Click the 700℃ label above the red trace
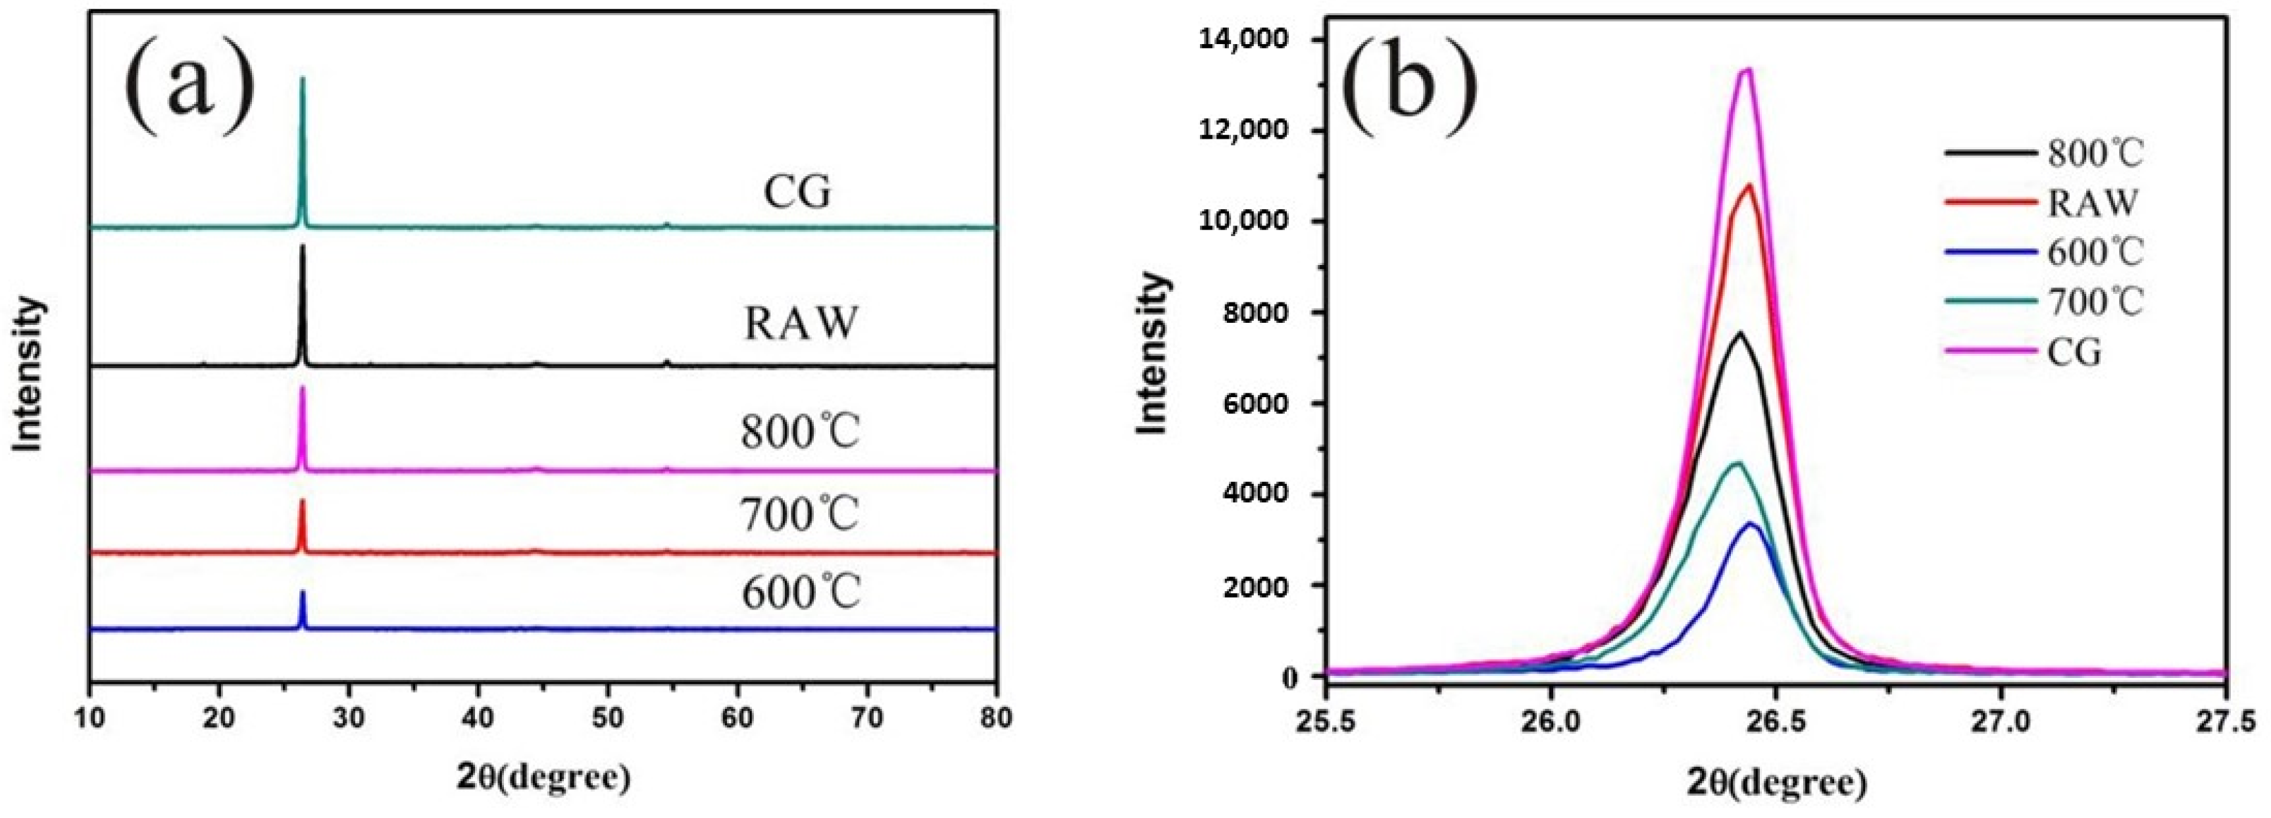tap(799, 514)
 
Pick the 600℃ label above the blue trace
tap(799, 593)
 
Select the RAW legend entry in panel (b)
tap(2091, 202)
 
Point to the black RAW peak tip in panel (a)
tap(303, 246)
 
